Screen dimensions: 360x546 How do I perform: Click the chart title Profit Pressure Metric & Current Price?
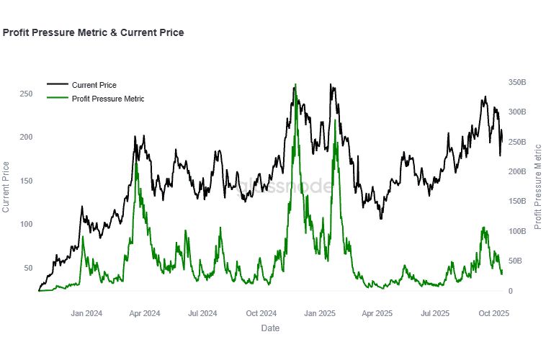click(93, 32)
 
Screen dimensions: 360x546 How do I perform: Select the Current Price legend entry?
click(94, 85)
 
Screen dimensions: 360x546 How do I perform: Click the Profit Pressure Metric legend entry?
click(108, 98)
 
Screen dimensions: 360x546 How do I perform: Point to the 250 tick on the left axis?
click(25, 94)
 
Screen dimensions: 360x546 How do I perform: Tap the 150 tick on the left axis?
click(25, 181)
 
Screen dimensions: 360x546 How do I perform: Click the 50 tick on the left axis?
click(27, 268)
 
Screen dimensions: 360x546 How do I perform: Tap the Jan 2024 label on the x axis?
click(86, 313)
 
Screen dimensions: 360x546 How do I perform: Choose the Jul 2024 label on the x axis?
click(202, 313)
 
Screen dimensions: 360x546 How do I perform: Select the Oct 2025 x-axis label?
click(494, 313)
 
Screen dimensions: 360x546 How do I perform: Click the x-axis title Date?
click(270, 328)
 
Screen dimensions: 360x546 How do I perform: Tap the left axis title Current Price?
click(6, 187)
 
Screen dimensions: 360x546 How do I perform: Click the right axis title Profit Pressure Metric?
click(537, 187)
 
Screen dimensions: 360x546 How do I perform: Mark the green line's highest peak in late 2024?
click(296, 87)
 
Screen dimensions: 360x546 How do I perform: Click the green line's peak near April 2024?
click(137, 163)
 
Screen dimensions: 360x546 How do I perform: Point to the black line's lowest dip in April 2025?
click(380, 217)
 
